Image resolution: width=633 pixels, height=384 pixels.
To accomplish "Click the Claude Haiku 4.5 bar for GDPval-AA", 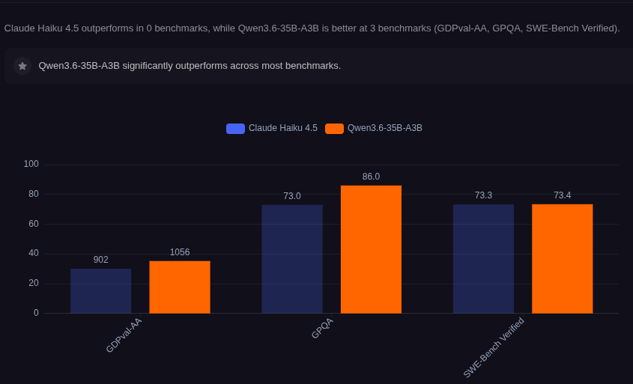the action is pyautogui.click(x=101, y=291).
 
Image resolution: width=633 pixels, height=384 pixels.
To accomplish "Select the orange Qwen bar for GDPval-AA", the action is pyautogui.click(x=180, y=287).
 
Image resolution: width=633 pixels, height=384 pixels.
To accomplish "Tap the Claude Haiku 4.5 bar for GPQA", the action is pyautogui.click(x=292, y=259).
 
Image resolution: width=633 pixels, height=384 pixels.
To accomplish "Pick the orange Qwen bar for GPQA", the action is pyautogui.click(x=371, y=249).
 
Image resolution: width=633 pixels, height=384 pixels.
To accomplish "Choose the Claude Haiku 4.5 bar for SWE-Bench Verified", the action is pyautogui.click(x=484, y=259).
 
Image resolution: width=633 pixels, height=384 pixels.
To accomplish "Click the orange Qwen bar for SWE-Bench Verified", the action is pyautogui.click(x=563, y=258).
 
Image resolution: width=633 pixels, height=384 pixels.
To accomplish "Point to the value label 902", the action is pyautogui.click(x=101, y=260).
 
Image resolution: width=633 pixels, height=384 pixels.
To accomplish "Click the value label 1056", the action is pyautogui.click(x=180, y=252).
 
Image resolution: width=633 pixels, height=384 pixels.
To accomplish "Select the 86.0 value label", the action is pyautogui.click(x=371, y=177).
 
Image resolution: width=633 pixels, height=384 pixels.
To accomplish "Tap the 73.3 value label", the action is pyautogui.click(x=484, y=195).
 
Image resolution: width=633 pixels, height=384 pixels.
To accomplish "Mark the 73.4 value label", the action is pyautogui.click(x=563, y=195).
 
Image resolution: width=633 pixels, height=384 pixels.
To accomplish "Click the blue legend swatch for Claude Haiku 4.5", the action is pyautogui.click(x=235, y=129).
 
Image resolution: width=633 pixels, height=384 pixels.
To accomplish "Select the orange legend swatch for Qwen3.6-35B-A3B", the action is pyautogui.click(x=334, y=129).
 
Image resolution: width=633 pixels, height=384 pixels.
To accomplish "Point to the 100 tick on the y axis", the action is pyautogui.click(x=31, y=164).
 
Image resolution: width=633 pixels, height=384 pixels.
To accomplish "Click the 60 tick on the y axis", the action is pyautogui.click(x=34, y=224).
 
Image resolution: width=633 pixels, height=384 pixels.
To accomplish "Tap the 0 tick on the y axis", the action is pyautogui.click(x=37, y=313).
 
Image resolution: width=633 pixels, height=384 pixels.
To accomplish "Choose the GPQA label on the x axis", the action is pyautogui.click(x=323, y=329).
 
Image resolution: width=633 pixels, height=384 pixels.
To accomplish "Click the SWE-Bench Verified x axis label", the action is pyautogui.click(x=494, y=348).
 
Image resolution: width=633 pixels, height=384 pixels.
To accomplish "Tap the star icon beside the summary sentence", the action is pyautogui.click(x=22, y=66).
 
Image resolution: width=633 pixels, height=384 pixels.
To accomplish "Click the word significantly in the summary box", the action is pyautogui.click(x=148, y=66).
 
